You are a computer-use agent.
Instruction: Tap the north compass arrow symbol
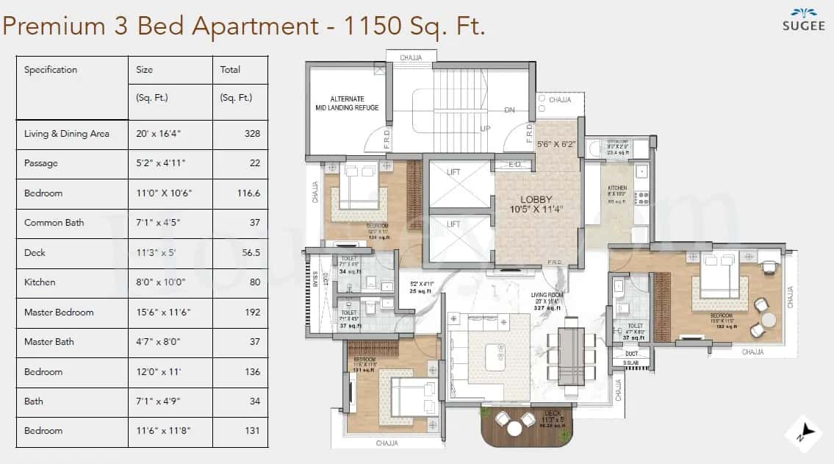click(x=805, y=433)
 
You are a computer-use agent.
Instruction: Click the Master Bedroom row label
click(x=59, y=312)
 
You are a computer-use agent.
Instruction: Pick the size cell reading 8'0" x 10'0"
click(x=157, y=282)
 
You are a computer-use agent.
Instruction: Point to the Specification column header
click(x=51, y=70)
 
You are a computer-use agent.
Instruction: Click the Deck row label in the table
click(x=35, y=252)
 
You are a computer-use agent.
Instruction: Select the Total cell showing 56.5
click(x=251, y=252)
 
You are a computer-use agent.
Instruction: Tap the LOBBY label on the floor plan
click(x=536, y=199)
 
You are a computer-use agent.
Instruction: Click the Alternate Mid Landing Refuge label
click(x=344, y=103)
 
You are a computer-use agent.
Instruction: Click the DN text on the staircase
click(x=509, y=110)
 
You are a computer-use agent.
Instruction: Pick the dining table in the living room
click(x=570, y=354)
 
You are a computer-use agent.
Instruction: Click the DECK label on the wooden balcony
click(x=553, y=413)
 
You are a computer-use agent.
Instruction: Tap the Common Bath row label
click(x=54, y=223)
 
